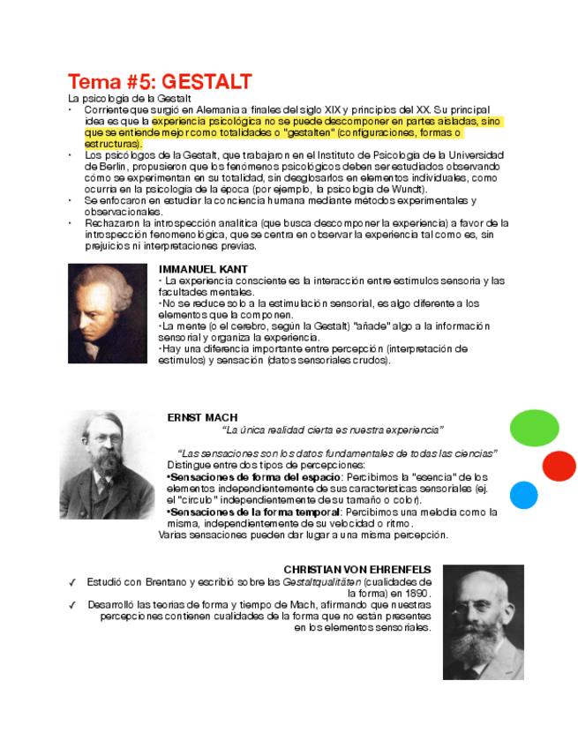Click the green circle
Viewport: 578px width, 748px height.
[x=535, y=428]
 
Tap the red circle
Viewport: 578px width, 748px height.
[x=559, y=466]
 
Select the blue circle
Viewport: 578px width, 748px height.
[x=523, y=495]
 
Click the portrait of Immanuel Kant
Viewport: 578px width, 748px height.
[x=108, y=313]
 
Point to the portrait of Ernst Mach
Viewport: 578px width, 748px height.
[x=107, y=465]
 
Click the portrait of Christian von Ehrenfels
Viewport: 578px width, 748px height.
[x=483, y=622]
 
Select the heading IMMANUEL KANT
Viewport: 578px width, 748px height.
[x=203, y=269]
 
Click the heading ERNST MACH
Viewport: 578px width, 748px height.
[x=202, y=417]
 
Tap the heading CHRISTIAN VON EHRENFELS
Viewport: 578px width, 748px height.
[x=357, y=570]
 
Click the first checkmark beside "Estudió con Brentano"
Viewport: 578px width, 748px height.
[x=71, y=582]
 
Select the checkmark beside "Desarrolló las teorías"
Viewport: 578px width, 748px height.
[x=71, y=605]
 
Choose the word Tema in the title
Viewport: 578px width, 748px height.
[x=97, y=82]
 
